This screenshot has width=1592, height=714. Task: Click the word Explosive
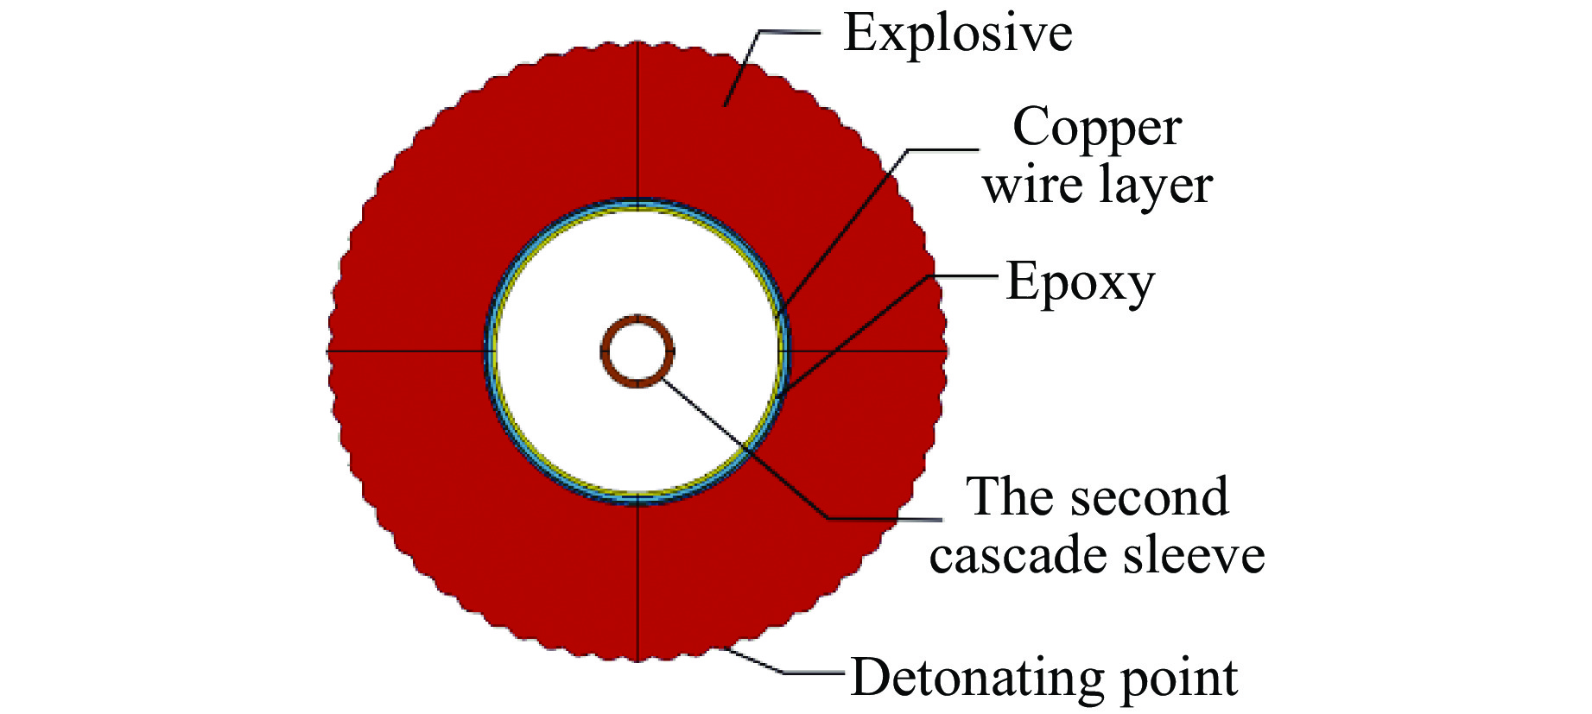[x=958, y=35]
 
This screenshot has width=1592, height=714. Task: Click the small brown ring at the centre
[x=637, y=351]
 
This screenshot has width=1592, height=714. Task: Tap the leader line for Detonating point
[x=782, y=672]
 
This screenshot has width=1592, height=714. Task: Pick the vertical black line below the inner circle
[x=637, y=583]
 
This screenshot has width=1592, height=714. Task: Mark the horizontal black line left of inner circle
[x=406, y=351]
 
